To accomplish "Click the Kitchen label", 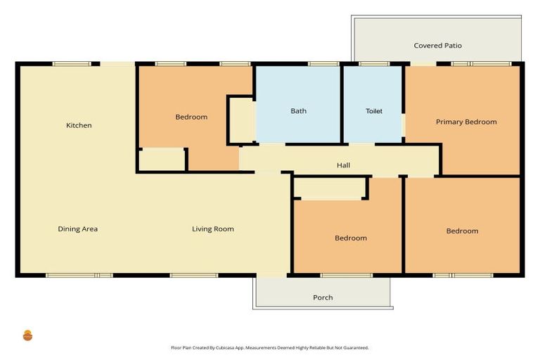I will [79, 126].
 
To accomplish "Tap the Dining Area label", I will [77, 229].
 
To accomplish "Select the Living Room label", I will [213, 229].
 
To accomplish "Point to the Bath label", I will [298, 111].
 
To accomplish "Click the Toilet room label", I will [373, 111].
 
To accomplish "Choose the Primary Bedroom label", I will [466, 122].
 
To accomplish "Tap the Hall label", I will [343, 166].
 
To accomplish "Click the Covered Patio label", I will [437, 46].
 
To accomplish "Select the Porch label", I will [323, 298].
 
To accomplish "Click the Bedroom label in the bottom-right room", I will [462, 231].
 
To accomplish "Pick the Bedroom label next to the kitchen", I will [191, 117].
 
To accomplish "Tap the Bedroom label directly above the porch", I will [350, 238].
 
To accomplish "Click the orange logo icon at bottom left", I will [28, 335].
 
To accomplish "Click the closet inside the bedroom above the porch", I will [329, 188].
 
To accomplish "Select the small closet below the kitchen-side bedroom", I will [161, 160].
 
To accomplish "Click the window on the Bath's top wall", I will [323, 64].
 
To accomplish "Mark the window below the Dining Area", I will [79, 275].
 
